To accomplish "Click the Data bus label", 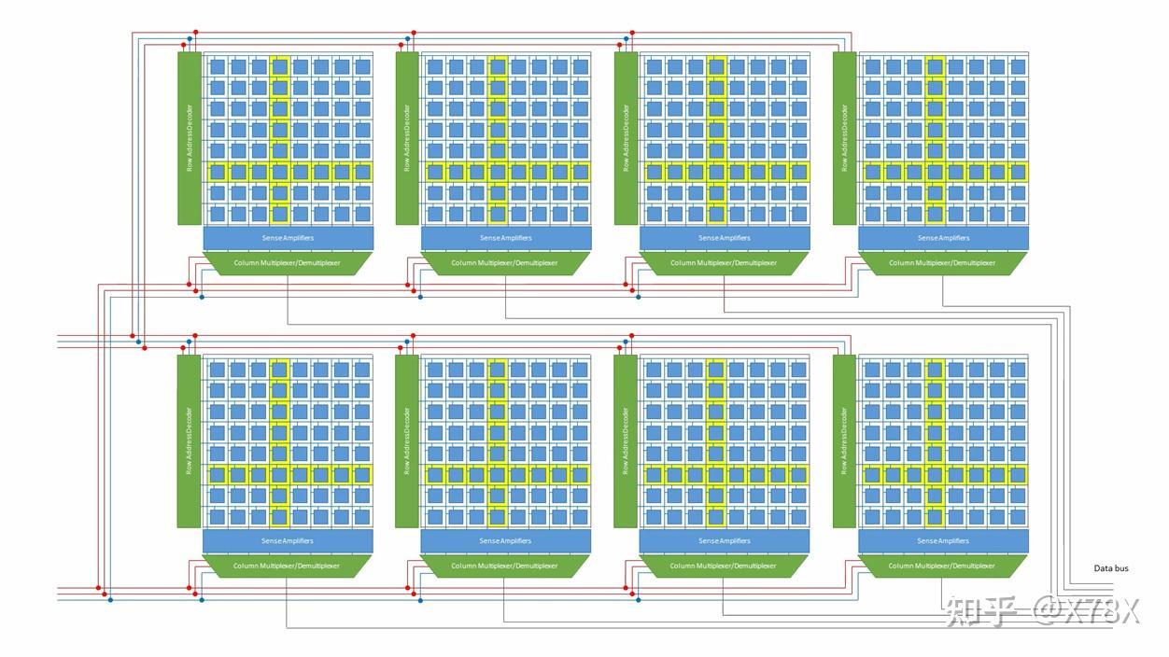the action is click(x=1111, y=568).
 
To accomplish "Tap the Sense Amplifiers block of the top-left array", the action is click(x=289, y=238).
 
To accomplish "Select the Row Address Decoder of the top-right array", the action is click(x=844, y=138).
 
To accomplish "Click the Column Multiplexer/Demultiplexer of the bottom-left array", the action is click(x=287, y=566).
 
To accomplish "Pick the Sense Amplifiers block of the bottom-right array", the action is click(x=943, y=541).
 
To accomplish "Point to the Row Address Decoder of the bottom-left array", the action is click(x=189, y=441).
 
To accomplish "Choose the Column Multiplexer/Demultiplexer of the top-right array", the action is click(x=942, y=263).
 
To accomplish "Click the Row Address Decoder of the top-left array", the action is click(x=190, y=138).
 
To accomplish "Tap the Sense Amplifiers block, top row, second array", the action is click(x=506, y=238).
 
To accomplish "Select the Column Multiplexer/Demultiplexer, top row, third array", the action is click(x=724, y=263).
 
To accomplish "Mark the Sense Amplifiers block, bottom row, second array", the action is click(x=505, y=541).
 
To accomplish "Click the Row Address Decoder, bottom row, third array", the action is click(x=626, y=441).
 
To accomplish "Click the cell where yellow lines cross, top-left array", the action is click(x=280, y=172).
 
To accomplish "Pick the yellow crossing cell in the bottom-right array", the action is click(x=935, y=474).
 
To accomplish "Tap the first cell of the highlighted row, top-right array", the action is click(x=873, y=172).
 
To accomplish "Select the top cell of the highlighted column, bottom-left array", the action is click(x=279, y=370).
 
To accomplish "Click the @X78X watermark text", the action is click(x=1087, y=610).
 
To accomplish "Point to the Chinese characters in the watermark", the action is click(x=981, y=610).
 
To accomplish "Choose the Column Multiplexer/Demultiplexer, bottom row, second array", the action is click(x=504, y=566).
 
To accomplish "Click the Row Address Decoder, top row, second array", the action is click(x=408, y=138).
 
